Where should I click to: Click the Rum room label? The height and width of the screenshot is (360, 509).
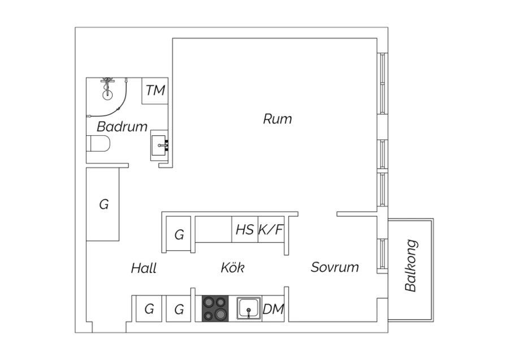coord(277,119)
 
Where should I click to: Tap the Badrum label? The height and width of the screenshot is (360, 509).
coord(122,127)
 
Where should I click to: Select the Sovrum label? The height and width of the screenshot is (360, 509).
coord(335,267)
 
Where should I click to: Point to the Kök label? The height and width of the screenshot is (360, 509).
coord(232,268)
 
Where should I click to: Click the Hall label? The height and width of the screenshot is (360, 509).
coord(144,268)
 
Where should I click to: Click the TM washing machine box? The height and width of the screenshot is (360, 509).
coord(155,91)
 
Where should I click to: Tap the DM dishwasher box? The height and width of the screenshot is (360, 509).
coord(273,309)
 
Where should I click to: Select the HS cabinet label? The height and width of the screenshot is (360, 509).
coord(244,230)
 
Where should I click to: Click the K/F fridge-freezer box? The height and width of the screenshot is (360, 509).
coord(271,230)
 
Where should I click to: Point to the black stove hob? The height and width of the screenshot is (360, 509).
coord(215,309)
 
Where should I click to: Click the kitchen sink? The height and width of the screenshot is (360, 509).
coord(248,309)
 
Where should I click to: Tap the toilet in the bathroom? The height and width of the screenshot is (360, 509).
coord(98,145)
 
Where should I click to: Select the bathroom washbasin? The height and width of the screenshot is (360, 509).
coord(159,145)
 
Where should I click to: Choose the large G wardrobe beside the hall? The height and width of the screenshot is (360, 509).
coord(103,204)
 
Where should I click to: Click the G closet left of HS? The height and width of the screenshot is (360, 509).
coord(179,234)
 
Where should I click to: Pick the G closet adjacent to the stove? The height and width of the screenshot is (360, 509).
coord(179,309)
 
